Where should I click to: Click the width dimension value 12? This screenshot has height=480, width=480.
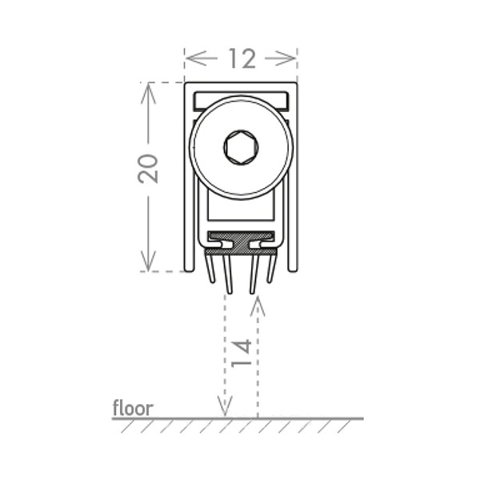coord(242,58)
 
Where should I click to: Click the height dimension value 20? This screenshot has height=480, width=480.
coord(148,169)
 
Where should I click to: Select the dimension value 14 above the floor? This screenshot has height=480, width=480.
coord(242,353)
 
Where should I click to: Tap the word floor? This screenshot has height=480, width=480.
coord(133,408)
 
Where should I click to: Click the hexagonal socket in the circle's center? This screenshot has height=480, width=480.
coord(241,147)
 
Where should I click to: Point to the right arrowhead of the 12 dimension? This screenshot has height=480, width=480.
coord(286,58)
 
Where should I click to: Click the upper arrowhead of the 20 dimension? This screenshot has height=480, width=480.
coord(149,94)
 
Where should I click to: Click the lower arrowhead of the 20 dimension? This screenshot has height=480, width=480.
coord(149,261)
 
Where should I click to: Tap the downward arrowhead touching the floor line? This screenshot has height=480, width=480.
coord(225,406)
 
